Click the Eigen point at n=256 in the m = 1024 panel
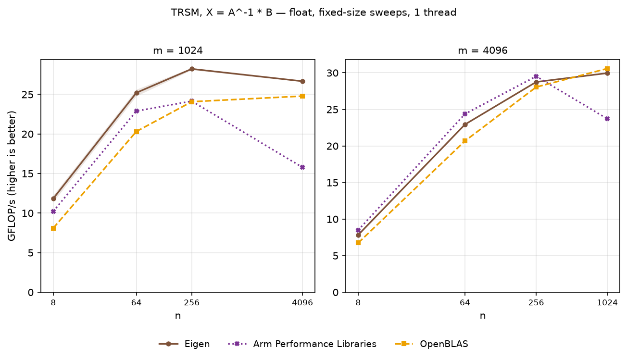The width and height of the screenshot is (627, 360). click(x=192, y=69)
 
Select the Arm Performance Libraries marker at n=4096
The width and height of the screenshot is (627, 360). click(x=302, y=167)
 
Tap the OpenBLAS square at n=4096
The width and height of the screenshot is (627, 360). click(x=302, y=96)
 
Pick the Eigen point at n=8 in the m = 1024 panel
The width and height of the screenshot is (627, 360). click(x=53, y=199)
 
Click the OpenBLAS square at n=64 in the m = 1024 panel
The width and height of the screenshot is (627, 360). click(x=137, y=132)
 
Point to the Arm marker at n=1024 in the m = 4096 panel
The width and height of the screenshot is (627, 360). click(x=607, y=119)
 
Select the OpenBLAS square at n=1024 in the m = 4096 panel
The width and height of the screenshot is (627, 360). click(x=607, y=69)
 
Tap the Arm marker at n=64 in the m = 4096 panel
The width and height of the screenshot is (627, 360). click(x=465, y=114)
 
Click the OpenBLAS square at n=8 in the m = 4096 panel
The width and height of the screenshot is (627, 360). click(x=358, y=243)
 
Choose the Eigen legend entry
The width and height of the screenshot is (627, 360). click(x=184, y=344)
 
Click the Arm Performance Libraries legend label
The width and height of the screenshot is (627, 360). click(x=314, y=344)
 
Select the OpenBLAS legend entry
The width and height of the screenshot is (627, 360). click(x=431, y=344)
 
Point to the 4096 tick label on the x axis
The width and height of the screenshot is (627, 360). click(x=302, y=303)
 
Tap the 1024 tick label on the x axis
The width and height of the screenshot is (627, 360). click(x=607, y=303)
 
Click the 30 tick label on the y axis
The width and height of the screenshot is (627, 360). click(x=332, y=73)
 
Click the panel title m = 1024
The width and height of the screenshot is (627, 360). click(x=178, y=50)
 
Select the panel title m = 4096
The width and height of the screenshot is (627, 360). click(x=483, y=50)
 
